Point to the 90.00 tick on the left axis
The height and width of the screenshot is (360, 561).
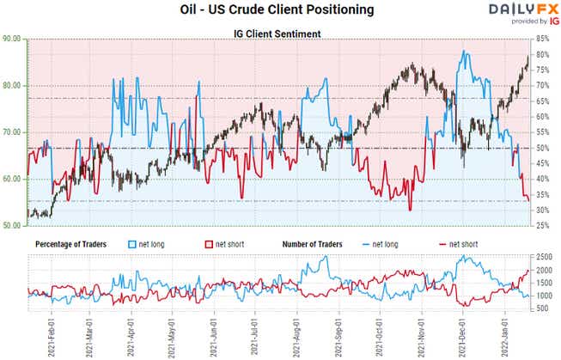[13, 40]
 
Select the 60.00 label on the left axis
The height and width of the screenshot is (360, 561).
[13, 180]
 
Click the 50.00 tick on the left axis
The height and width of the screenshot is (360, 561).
[13, 226]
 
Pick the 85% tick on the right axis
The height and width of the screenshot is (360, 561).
[544, 40]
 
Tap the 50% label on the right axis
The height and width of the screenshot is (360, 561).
[544, 148]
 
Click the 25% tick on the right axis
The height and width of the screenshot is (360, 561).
[544, 226]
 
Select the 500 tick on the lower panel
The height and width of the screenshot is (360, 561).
[543, 308]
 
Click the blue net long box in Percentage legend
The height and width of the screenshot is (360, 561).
[131, 244]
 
